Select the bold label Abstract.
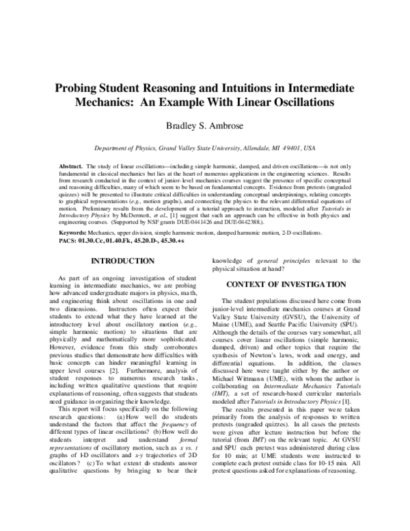click(70, 166)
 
